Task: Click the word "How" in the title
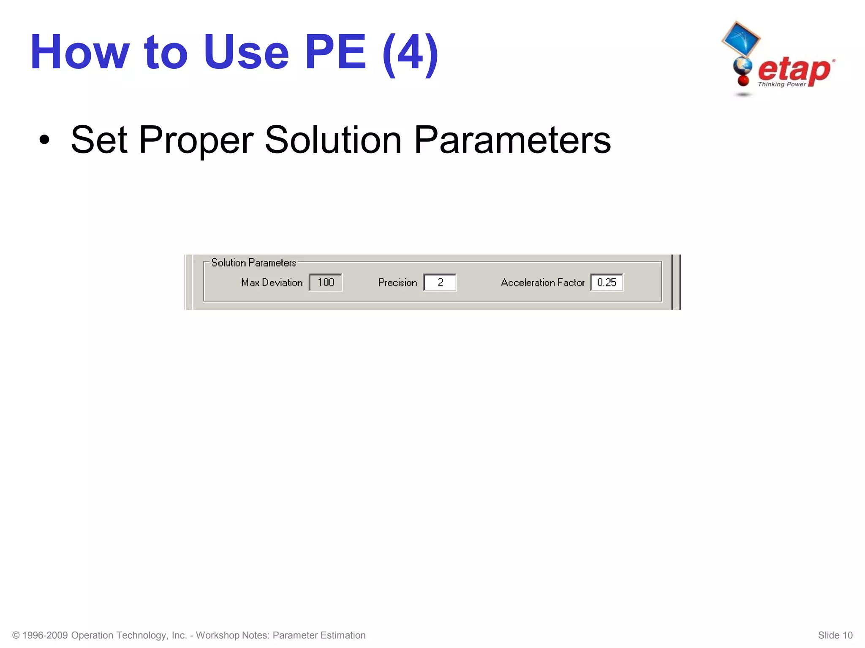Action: point(80,52)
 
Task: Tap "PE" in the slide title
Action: point(335,52)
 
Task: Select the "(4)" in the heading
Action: point(410,54)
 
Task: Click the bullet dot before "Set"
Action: point(44,140)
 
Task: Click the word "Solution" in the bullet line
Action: point(333,140)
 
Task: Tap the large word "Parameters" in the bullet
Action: point(512,140)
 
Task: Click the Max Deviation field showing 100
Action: point(325,282)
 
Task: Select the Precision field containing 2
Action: point(440,282)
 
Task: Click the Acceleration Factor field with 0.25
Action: point(607,282)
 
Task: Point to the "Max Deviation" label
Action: point(272,283)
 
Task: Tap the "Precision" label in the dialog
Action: point(397,283)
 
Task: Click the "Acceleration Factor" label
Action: point(542,283)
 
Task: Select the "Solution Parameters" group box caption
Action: point(253,263)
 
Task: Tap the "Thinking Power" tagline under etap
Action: point(782,84)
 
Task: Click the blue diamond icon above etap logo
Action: point(740,39)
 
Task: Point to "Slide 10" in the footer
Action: point(835,635)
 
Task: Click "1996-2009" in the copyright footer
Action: point(45,635)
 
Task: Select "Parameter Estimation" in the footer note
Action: point(319,635)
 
